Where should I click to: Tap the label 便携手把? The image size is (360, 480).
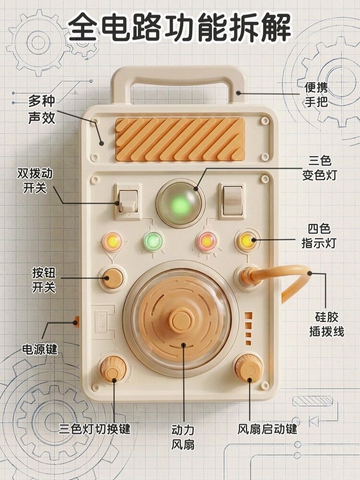(316, 95)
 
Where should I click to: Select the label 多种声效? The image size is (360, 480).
(41, 109)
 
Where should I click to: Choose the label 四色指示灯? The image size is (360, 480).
(319, 236)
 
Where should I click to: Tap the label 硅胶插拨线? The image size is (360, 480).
(326, 324)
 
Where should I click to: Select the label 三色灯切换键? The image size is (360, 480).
(95, 428)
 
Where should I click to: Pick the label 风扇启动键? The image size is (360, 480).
(267, 428)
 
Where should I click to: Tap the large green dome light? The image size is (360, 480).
(181, 204)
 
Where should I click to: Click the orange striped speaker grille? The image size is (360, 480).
(180, 139)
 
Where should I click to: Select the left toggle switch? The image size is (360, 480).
(128, 201)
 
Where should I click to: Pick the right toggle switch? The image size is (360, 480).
(232, 200)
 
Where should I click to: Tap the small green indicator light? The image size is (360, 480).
(153, 241)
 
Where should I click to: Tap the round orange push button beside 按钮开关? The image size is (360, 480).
(113, 278)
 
